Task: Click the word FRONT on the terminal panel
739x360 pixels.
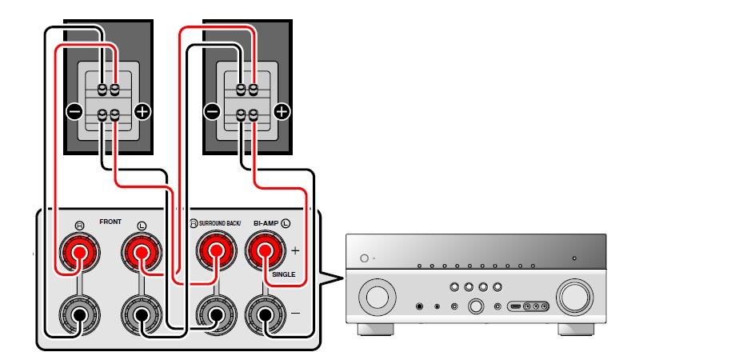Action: tap(110, 219)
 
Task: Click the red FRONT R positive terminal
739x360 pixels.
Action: tap(78, 254)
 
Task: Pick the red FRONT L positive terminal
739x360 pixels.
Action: tap(141, 254)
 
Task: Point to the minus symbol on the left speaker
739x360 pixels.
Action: tap(74, 112)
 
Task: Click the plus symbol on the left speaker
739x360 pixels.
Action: tap(142, 112)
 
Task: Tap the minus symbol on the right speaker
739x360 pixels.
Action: tap(212, 112)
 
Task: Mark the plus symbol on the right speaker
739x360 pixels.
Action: tap(281, 112)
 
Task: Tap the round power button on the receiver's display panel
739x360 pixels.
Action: tap(364, 258)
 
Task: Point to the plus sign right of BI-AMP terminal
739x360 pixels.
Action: tap(295, 250)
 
